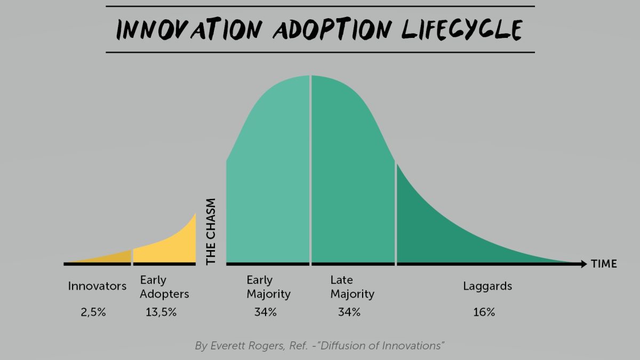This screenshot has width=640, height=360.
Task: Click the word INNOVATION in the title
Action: [x=185, y=29]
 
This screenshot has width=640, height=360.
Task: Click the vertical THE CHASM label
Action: [x=211, y=232]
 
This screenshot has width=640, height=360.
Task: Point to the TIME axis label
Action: [x=604, y=263]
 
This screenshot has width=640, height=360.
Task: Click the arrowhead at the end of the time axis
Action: [x=583, y=263]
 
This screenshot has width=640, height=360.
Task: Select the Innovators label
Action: [x=97, y=286]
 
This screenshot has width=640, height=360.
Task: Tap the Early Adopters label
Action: [x=164, y=287]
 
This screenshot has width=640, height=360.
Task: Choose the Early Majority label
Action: [x=268, y=287]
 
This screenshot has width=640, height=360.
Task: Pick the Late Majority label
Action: [x=352, y=287]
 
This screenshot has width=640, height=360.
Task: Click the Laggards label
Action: [x=487, y=286]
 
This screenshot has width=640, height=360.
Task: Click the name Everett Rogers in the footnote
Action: [x=242, y=346]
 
